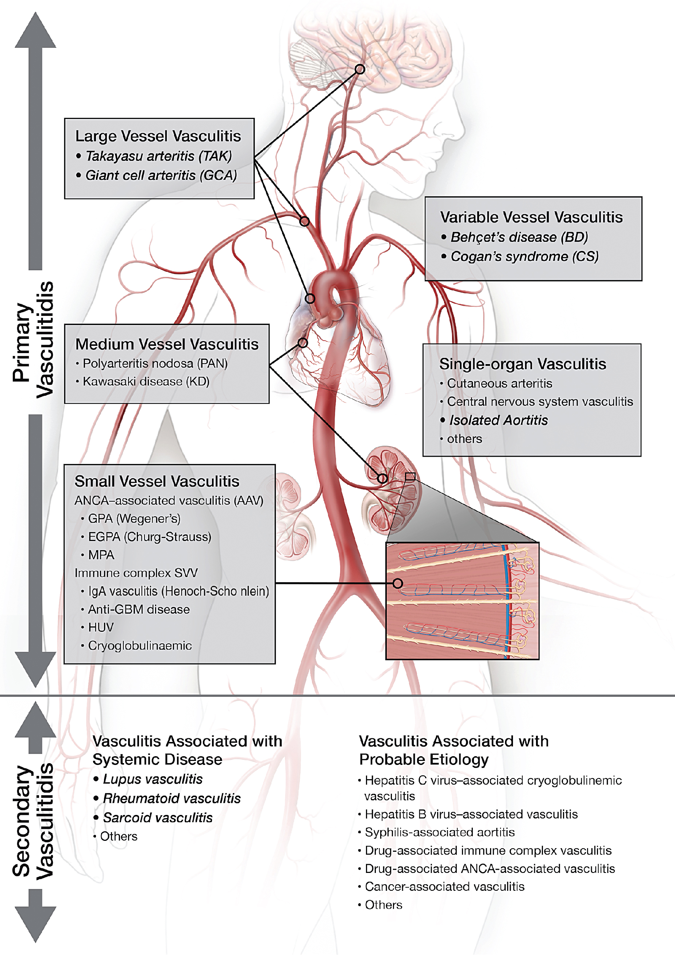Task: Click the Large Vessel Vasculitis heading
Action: pos(158,136)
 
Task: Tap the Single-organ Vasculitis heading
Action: pos(523,364)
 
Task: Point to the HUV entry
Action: pos(101,627)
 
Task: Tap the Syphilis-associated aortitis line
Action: pos(439,832)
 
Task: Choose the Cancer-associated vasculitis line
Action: pos(444,886)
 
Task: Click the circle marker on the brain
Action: pos(360,69)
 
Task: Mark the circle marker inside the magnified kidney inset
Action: pos(398,583)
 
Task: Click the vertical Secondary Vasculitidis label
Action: pos(33,821)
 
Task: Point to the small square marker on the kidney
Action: pos(410,477)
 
